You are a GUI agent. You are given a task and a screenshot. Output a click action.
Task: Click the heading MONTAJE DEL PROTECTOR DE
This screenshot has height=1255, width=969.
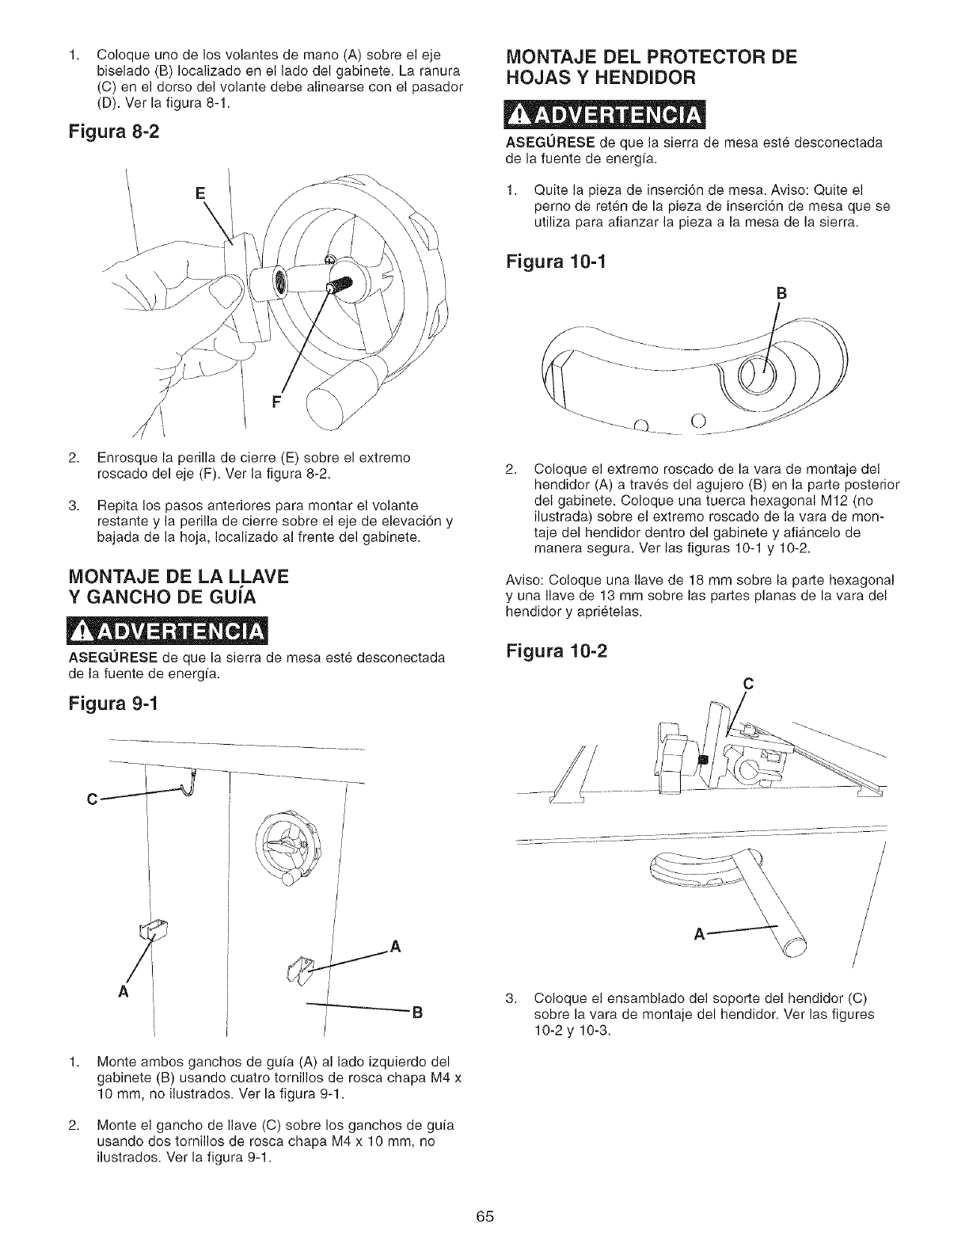click(x=651, y=56)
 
